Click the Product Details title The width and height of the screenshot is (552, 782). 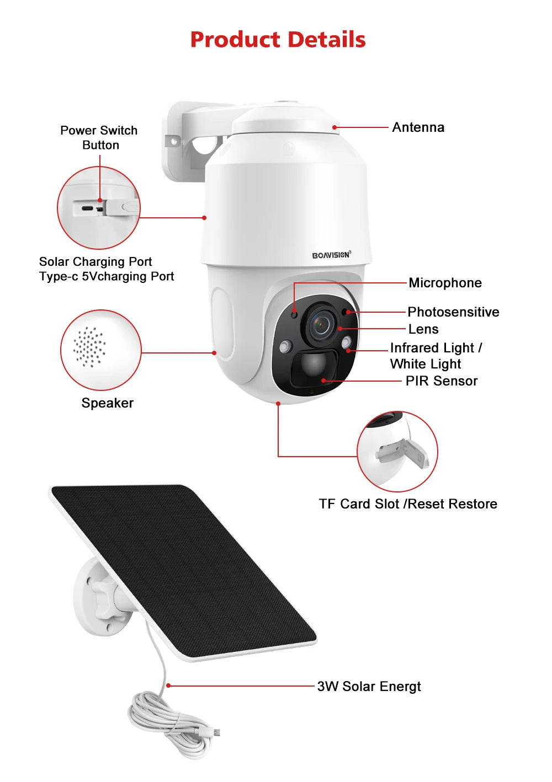click(x=278, y=39)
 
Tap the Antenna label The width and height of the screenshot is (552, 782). click(x=418, y=127)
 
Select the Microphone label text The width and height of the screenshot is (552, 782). click(x=445, y=283)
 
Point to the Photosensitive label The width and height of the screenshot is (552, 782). click(x=454, y=312)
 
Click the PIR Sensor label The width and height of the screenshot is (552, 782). click(x=441, y=381)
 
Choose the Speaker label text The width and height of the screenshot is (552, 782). click(x=107, y=403)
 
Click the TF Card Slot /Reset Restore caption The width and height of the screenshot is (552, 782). click(x=408, y=504)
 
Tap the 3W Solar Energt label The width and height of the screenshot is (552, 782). click(x=369, y=687)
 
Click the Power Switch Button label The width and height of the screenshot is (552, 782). click(x=99, y=137)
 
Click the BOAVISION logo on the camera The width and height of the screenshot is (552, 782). click(x=331, y=255)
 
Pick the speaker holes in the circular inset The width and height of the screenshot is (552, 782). click(x=89, y=347)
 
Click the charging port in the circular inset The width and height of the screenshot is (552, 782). click(x=87, y=209)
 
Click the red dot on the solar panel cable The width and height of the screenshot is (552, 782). click(x=168, y=685)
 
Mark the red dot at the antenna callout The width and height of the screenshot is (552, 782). click(x=335, y=127)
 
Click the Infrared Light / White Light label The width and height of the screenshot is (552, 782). click(x=436, y=356)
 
